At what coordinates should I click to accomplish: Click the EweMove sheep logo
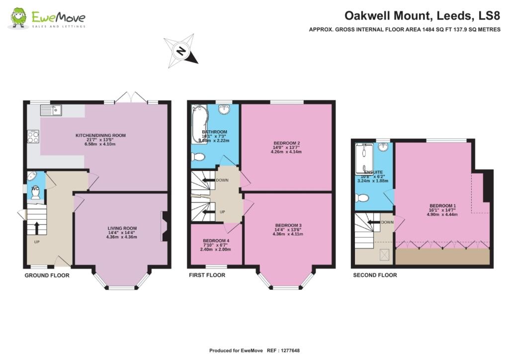click(19, 18)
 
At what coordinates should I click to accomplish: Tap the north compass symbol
click(181, 51)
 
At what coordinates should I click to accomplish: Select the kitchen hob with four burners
click(33, 136)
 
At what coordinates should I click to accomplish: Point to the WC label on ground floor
click(35, 188)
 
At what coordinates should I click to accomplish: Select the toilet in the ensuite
click(362, 198)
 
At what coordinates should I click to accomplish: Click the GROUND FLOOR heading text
click(47, 275)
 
